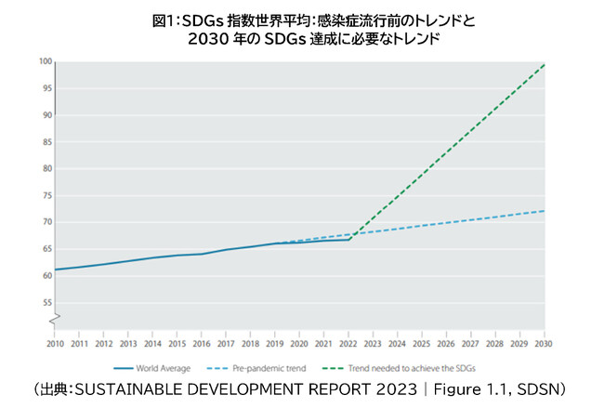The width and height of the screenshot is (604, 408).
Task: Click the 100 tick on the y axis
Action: (x=45, y=62)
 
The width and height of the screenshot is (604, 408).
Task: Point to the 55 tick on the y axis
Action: (x=46, y=303)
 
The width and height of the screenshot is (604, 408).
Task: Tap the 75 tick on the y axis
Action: (x=46, y=196)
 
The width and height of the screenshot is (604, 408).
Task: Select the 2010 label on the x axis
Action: (x=56, y=344)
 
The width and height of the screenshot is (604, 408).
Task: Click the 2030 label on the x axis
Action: (x=544, y=344)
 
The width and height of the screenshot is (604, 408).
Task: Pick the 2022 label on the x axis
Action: (x=348, y=344)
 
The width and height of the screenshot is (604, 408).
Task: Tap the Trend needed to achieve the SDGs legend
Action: (x=405, y=367)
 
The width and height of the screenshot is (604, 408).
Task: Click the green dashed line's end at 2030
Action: (x=544, y=64)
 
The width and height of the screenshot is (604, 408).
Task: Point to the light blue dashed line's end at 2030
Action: (x=544, y=211)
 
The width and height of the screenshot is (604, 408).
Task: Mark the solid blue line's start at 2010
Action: (x=56, y=270)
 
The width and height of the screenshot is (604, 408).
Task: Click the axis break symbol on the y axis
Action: (x=55, y=319)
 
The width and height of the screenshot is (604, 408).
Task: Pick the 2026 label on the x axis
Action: (x=446, y=344)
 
